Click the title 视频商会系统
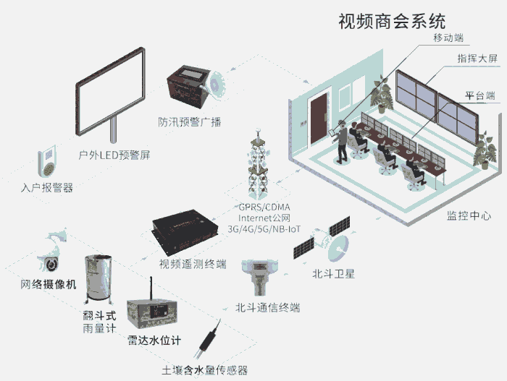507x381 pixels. (x=392, y=20)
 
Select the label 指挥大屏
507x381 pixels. (x=477, y=58)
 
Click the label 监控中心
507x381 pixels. (x=469, y=216)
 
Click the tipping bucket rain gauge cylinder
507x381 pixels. (x=99, y=280)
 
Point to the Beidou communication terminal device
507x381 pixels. (x=259, y=277)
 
